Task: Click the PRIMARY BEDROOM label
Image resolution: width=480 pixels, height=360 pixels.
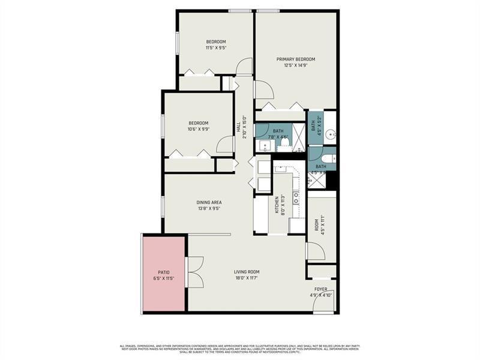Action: (x=296, y=59)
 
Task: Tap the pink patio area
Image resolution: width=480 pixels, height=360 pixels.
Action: (x=163, y=272)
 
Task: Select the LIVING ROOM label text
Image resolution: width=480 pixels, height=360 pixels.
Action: (x=246, y=272)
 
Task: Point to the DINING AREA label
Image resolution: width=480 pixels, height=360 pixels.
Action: (x=209, y=203)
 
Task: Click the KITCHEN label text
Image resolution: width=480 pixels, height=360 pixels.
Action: (x=277, y=205)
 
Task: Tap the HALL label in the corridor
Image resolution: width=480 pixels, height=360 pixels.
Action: (x=238, y=127)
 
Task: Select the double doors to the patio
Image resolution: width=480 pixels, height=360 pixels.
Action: (x=194, y=272)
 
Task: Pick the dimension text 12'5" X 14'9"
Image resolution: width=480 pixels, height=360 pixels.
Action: (x=296, y=66)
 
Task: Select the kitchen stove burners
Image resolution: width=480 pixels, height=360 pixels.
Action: (x=296, y=198)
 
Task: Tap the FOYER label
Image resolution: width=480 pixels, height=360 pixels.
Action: (x=321, y=289)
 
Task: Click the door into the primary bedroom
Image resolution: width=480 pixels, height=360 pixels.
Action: (x=263, y=90)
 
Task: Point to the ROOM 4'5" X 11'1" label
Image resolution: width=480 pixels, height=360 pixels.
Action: (x=316, y=224)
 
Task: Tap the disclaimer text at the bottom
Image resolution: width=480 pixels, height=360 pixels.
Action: (x=240, y=348)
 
